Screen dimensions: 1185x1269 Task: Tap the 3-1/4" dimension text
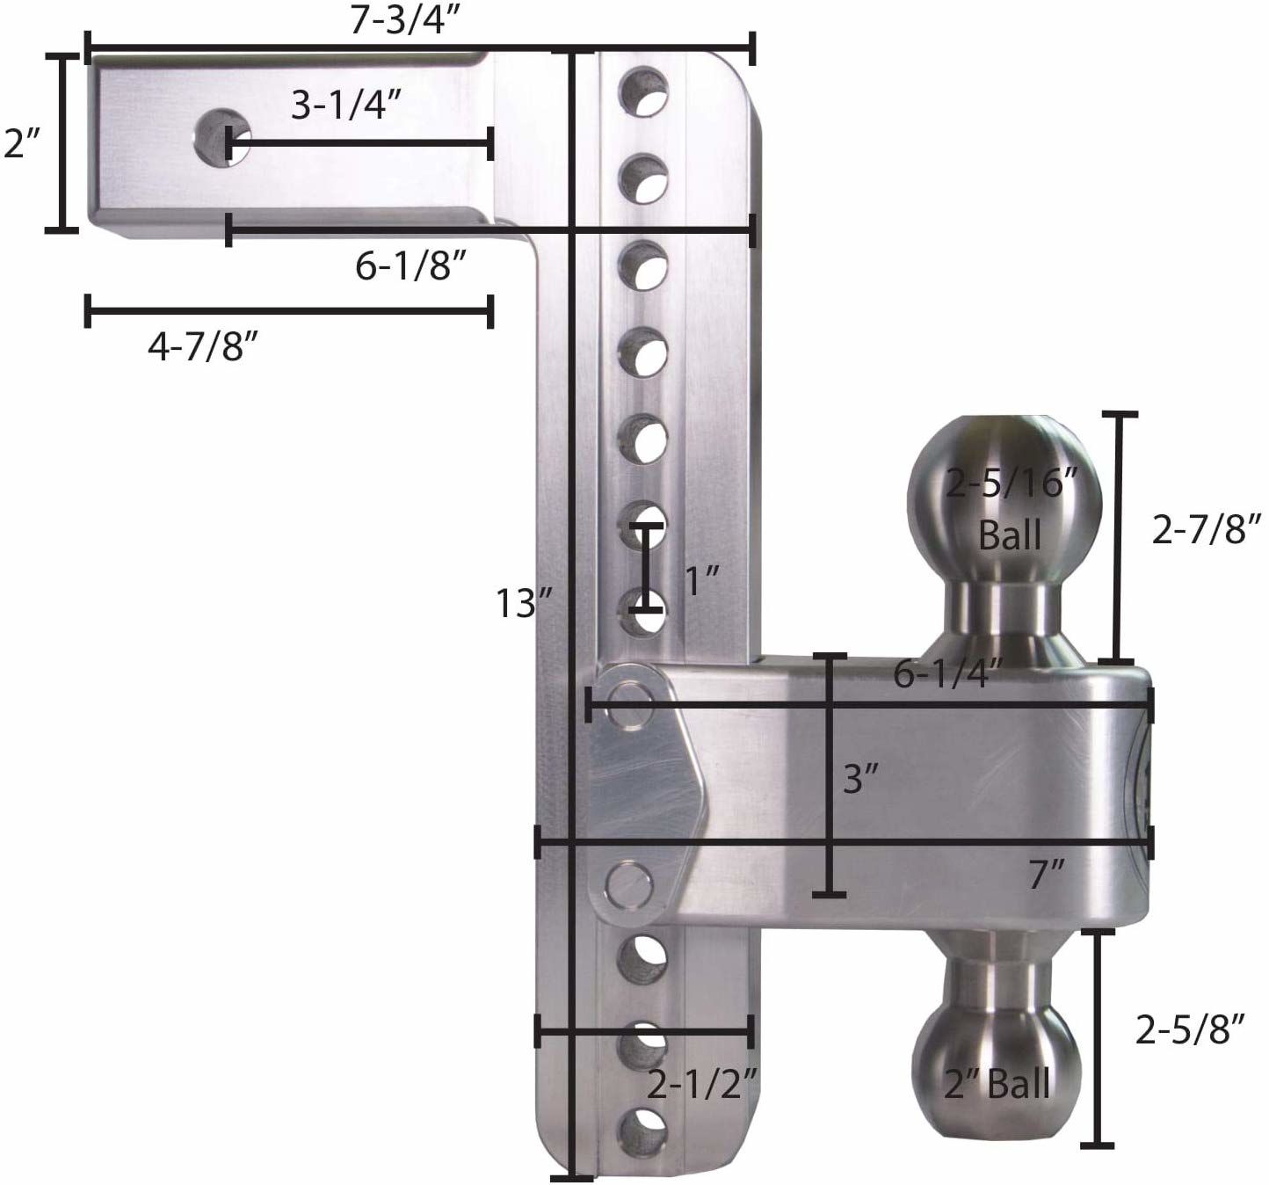tap(346, 105)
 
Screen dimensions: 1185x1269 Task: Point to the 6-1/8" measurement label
tap(409, 265)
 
